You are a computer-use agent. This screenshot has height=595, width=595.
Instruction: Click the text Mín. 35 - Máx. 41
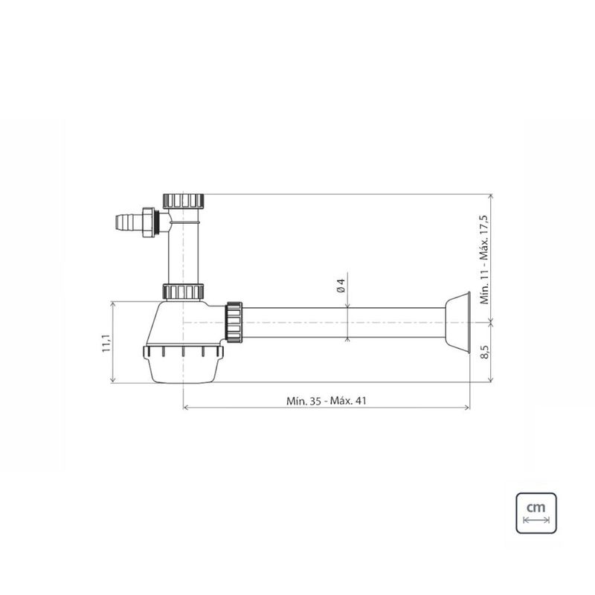[327, 399]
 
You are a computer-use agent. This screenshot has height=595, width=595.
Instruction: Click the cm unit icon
[536, 512]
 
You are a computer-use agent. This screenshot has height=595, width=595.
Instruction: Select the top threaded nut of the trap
[183, 199]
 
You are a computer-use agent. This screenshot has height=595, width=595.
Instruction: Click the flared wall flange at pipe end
[457, 324]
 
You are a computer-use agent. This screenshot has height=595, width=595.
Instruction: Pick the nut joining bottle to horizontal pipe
[234, 323]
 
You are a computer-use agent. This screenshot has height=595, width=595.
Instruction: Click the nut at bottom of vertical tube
[183, 292]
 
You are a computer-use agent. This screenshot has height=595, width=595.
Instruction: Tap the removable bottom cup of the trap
[183, 364]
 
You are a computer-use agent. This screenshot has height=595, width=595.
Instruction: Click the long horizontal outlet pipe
[342, 324]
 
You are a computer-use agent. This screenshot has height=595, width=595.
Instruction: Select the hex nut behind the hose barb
[149, 222]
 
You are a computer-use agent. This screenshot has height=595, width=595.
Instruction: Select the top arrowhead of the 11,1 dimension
[113, 304]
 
